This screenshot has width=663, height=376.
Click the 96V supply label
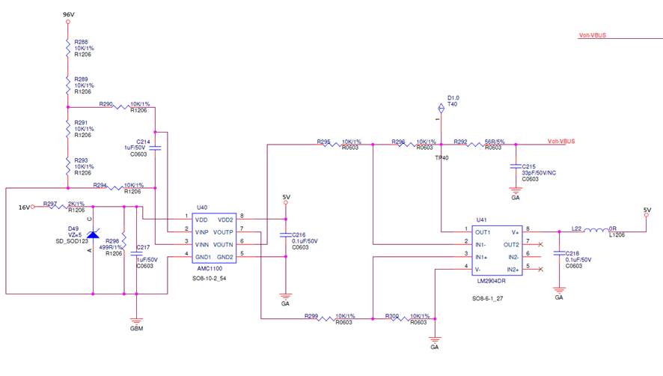[67, 14]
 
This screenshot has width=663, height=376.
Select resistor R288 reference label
[81, 43]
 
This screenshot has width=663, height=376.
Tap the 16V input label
[25, 206]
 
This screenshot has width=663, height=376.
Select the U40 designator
[201, 208]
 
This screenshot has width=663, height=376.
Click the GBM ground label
[136, 328]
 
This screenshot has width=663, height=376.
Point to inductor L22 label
[577, 228]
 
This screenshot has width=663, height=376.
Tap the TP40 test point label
[442, 158]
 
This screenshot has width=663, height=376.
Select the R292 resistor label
[461, 140]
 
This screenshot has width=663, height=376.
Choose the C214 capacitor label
[144, 142]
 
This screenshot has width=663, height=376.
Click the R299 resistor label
[311, 316]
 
